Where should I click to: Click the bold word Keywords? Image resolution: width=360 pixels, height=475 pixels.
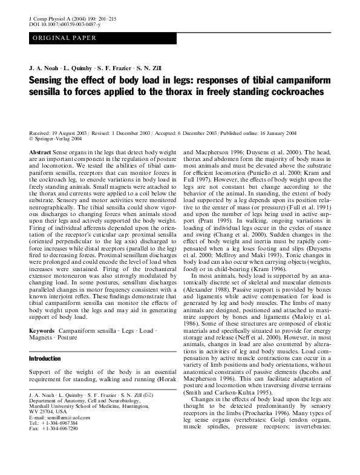[x=42, y=330]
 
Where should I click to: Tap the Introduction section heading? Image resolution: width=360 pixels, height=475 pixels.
[x=45, y=359]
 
